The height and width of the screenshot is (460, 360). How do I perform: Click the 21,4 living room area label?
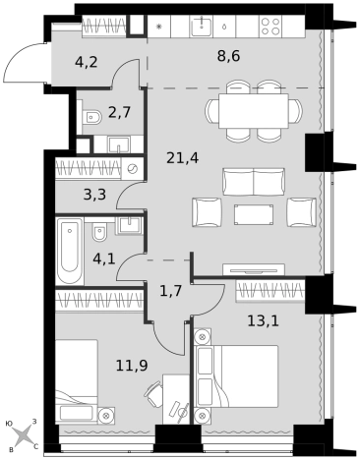tap(183, 159)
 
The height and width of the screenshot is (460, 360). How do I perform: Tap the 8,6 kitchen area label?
tap(228, 56)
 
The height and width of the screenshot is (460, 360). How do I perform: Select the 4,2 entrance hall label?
tap(86, 62)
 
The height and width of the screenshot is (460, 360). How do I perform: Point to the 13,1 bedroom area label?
tap(263, 321)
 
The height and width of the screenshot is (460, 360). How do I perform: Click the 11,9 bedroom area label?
tap(132, 366)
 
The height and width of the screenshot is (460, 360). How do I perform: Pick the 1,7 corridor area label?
tap(170, 291)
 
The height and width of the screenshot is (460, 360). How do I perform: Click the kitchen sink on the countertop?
tap(201, 26)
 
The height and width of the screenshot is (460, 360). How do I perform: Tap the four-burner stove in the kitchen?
tap(270, 27)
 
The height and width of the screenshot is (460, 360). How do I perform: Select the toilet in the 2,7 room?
tap(91, 117)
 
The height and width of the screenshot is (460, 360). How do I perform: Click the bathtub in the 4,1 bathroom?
tap(70, 251)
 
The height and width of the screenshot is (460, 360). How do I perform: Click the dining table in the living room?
tap(254, 111)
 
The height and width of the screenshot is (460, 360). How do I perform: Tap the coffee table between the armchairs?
tap(254, 214)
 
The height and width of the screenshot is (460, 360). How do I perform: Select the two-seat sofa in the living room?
tap(254, 182)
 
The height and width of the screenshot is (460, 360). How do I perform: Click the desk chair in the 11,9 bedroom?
tap(153, 393)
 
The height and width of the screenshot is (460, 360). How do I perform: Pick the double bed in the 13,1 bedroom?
tap(237, 376)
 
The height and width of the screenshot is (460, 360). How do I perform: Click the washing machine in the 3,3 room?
tap(132, 169)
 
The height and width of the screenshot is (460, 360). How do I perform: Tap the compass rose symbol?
tap(23, 436)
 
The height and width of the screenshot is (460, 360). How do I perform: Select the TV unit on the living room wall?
tap(254, 269)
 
